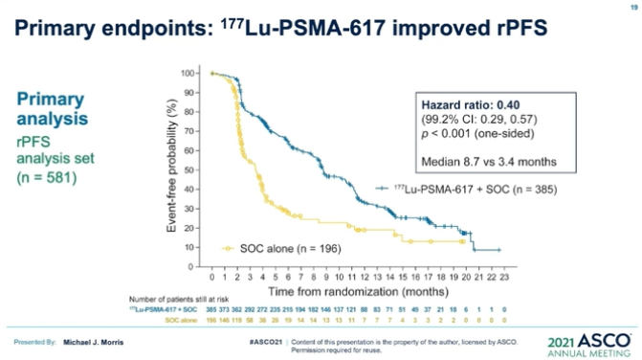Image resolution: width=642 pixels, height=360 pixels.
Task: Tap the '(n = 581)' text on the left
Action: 45,177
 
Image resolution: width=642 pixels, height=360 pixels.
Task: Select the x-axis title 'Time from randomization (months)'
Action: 353,290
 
